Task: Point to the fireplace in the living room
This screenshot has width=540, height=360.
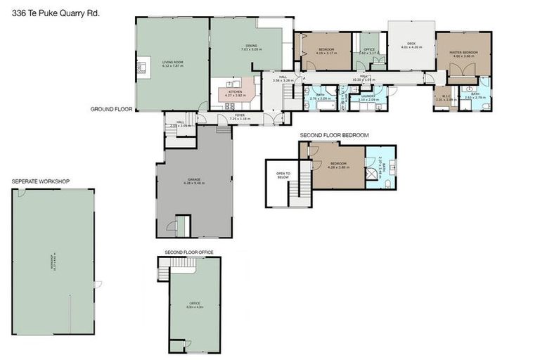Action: [141, 67]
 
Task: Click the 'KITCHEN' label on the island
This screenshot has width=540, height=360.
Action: [234, 92]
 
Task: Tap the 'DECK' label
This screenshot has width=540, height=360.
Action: [411, 46]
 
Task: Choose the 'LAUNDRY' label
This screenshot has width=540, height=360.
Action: [368, 98]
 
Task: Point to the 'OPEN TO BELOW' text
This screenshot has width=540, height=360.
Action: [283, 176]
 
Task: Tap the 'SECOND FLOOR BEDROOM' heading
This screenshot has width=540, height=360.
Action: [334, 134]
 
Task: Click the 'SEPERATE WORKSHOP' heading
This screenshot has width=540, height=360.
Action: [40, 181]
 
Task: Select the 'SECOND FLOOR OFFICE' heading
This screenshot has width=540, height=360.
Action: [188, 251]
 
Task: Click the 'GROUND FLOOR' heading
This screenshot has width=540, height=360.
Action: [111, 109]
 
